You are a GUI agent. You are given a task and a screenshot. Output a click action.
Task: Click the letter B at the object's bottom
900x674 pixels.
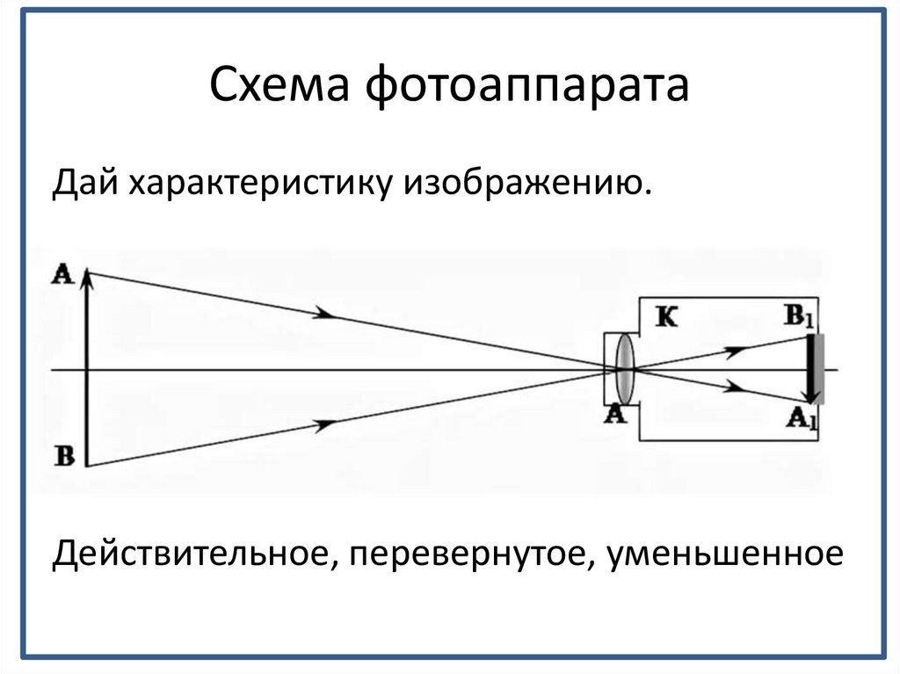(x=64, y=455)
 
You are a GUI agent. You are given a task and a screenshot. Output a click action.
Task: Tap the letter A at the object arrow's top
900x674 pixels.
(x=63, y=273)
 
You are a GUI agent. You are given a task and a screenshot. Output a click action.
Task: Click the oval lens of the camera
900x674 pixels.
(x=624, y=368)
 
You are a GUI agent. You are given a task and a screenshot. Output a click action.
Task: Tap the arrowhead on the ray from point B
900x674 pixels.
(x=325, y=424)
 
